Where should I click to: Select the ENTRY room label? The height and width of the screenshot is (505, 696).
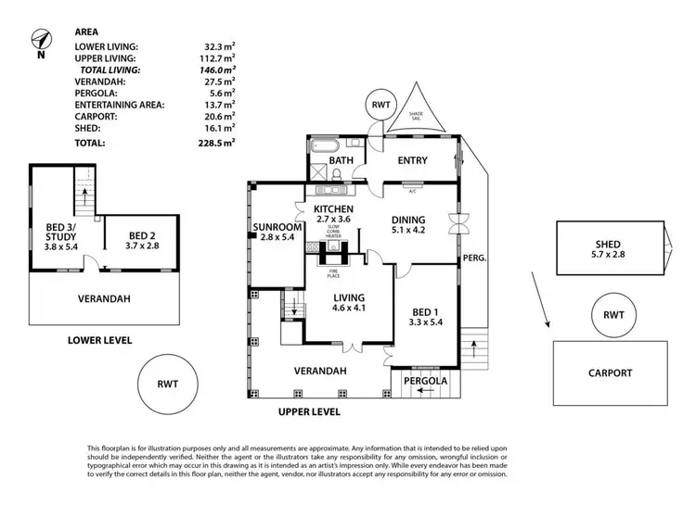412,161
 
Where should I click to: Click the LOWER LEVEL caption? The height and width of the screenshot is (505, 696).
99,340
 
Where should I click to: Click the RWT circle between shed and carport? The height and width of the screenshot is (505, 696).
613,315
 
